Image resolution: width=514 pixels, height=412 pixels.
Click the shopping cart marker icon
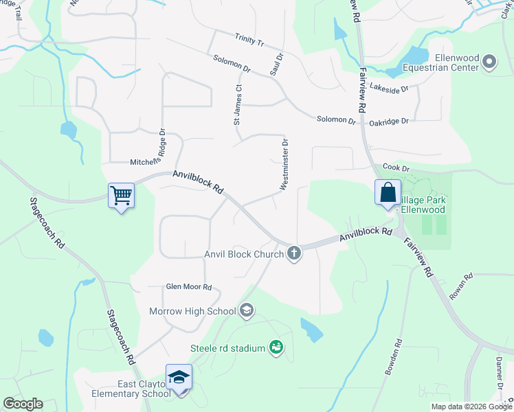click(122, 196)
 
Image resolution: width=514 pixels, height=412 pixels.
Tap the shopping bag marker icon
click(388, 192)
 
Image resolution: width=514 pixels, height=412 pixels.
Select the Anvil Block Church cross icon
click(294, 253)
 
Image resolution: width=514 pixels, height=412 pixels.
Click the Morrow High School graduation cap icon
click(246, 311)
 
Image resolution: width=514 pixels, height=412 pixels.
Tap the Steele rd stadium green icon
click(276, 348)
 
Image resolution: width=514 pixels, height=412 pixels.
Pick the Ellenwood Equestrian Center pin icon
click(489, 62)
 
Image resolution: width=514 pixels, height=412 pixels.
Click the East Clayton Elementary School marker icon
click(179, 378)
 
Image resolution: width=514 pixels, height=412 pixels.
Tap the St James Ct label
click(238, 104)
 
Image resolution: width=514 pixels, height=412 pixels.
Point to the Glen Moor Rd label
click(188, 287)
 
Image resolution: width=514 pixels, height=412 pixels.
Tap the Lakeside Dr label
click(389, 88)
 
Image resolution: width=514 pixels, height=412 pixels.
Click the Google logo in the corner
click(22, 404)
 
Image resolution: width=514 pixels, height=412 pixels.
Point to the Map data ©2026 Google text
click(471, 407)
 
